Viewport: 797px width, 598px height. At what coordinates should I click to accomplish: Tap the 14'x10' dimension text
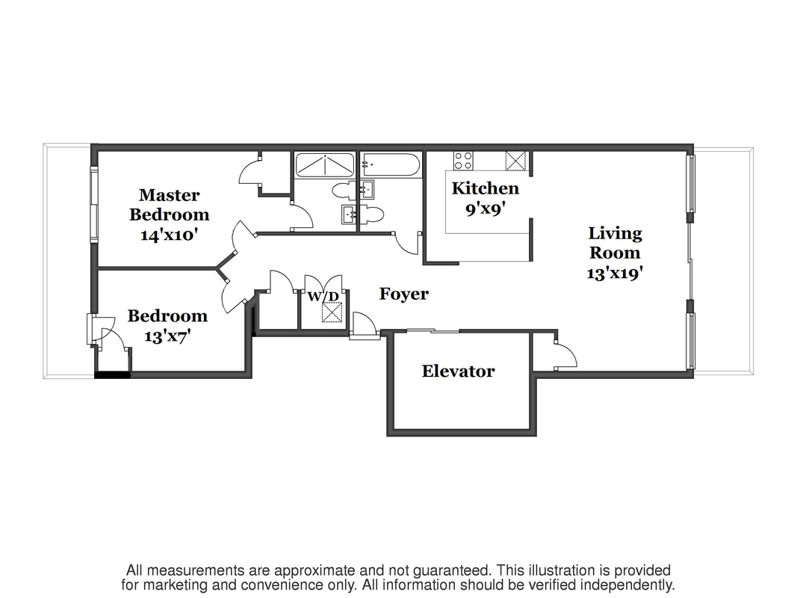click(170, 234)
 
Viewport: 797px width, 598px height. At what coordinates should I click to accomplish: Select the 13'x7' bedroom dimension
click(167, 336)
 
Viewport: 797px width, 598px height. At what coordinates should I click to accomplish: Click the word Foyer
click(403, 294)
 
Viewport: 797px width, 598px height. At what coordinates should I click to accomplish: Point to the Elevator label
click(458, 372)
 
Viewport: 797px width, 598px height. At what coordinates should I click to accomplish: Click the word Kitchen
click(485, 188)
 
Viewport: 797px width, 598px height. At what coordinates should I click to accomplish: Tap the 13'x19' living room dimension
click(615, 273)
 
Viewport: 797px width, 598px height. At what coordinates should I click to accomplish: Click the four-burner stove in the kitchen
click(463, 161)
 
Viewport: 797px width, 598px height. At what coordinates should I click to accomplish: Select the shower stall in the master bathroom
click(324, 164)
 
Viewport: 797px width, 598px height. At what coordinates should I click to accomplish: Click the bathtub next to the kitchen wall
click(391, 164)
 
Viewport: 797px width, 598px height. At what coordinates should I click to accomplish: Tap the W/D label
click(323, 297)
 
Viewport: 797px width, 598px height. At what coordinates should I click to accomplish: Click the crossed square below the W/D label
click(331, 312)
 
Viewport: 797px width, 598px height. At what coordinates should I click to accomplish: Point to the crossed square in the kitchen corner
click(515, 161)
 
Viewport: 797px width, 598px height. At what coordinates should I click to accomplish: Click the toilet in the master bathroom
click(344, 189)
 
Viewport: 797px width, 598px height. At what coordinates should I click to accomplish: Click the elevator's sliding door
click(433, 330)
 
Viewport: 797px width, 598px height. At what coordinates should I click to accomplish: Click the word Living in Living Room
click(615, 233)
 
